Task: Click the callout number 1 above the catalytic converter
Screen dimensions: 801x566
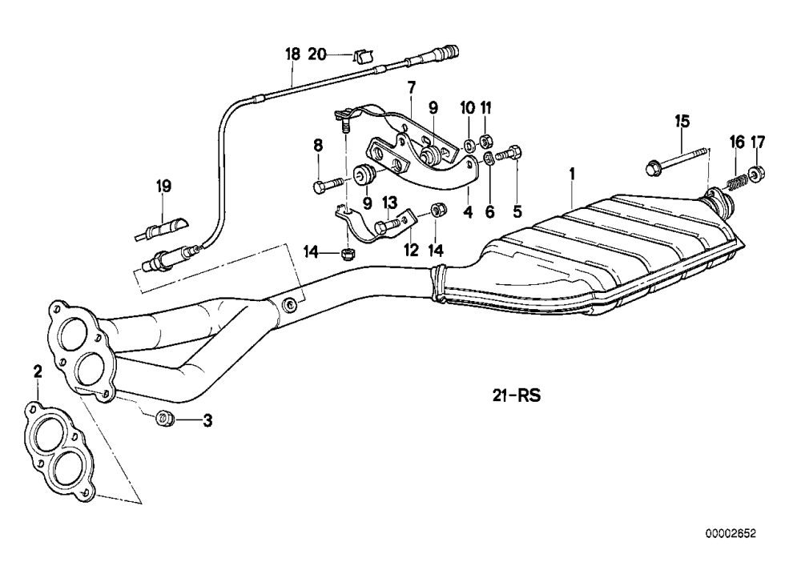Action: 572,174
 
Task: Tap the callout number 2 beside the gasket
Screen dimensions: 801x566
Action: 38,371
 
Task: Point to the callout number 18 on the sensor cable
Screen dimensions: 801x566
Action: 292,54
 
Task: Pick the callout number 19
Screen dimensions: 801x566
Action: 163,187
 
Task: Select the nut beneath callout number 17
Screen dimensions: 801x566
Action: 758,174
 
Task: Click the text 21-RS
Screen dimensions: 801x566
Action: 517,395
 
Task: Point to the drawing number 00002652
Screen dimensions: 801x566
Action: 731,534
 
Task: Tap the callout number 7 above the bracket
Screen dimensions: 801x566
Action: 412,86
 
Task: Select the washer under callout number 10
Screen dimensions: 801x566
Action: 468,146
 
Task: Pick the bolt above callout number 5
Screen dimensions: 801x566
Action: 509,153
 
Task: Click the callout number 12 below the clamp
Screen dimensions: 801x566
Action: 411,251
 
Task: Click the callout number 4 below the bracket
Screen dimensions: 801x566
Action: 468,211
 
